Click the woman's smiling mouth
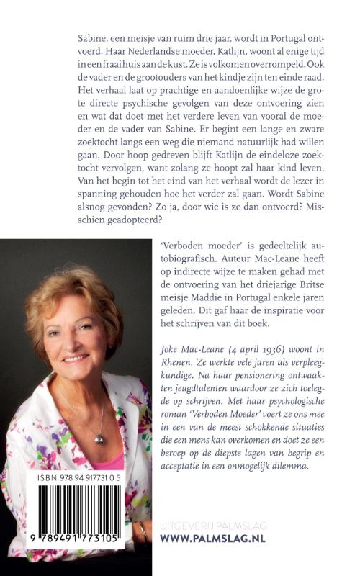tap(74, 357)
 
